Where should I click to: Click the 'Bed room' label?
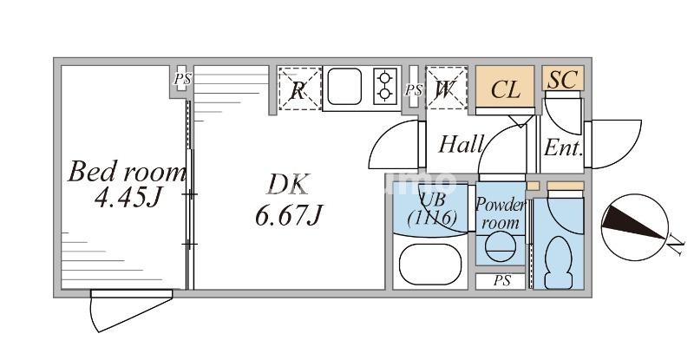click(x=128, y=171)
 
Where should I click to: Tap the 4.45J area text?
click(x=128, y=199)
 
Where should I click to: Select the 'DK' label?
click(x=287, y=185)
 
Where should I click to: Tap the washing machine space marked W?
click(x=445, y=88)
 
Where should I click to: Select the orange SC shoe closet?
click(x=562, y=79)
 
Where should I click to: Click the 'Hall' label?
click(x=460, y=144)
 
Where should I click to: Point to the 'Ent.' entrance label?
click(x=562, y=147)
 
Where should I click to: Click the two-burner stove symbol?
click(x=384, y=87)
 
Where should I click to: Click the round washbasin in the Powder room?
click(x=499, y=250)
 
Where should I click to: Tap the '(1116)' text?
click(x=433, y=219)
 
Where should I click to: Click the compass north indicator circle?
click(x=633, y=227)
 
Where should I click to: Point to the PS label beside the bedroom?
click(x=181, y=79)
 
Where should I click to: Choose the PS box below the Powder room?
click(x=501, y=281)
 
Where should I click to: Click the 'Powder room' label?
click(x=501, y=213)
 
